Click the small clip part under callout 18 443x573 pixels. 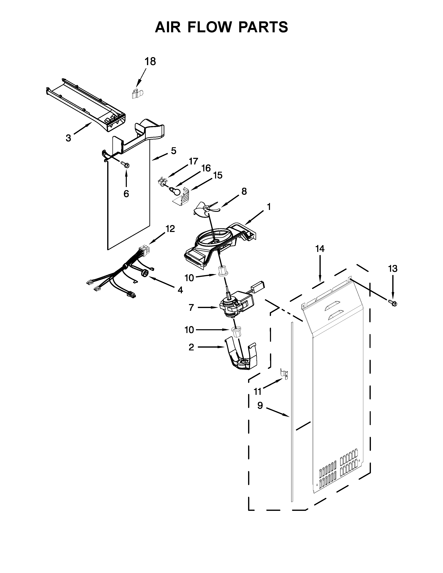click(x=137, y=94)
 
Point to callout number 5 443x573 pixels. click(x=174, y=151)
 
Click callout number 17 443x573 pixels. click(x=193, y=161)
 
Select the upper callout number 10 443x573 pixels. click(x=189, y=278)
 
